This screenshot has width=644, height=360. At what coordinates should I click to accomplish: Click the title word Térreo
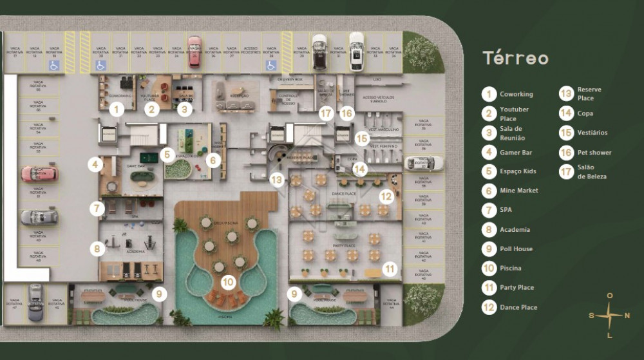516,59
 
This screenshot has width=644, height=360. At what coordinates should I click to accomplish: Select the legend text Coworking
516,94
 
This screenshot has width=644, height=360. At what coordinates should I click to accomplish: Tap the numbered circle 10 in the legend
489,268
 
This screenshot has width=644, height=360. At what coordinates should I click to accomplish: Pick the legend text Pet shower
594,153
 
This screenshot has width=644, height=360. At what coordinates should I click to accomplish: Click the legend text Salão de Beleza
592,171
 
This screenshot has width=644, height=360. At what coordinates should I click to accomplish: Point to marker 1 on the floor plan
116,109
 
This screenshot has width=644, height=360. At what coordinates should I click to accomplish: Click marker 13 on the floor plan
278,180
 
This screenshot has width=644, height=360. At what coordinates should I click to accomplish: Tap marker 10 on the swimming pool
227,281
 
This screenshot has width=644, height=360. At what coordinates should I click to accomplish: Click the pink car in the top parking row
193,51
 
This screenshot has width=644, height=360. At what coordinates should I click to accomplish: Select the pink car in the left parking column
39,174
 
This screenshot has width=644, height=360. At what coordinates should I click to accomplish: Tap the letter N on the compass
627,316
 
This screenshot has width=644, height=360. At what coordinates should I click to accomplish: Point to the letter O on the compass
609,296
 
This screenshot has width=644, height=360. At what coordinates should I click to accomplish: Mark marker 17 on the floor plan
327,113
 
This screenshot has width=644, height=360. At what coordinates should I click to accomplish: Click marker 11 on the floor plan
388,268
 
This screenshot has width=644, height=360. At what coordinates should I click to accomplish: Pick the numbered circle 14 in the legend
566,113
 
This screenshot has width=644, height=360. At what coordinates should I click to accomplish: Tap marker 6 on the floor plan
214,159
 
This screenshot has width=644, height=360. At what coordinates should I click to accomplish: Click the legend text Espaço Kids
518,171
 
